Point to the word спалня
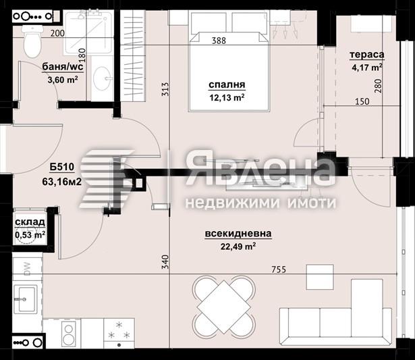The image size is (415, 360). pyautogui.click(x=226, y=85)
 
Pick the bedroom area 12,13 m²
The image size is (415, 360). pyautogui.click(x=226, y=97)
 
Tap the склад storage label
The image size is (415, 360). pyautogui.click(x=30, y=222)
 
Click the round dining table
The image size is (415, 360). pyautogui.click(x=225, y=305)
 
